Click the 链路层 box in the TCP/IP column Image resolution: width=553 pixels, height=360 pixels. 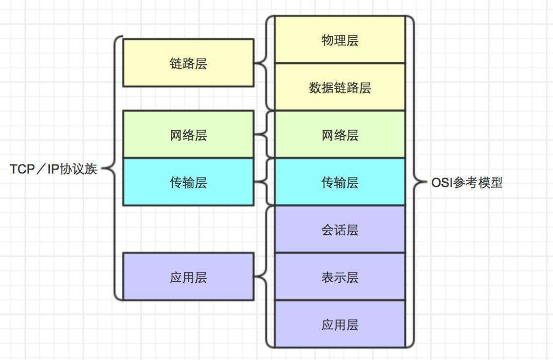point(188,63)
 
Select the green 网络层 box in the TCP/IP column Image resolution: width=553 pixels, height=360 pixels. point(188,134)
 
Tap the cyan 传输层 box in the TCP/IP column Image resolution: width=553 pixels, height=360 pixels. point(188,182)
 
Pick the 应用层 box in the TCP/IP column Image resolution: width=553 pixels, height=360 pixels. point(188,277)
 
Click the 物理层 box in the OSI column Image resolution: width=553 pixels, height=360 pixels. point(340,40)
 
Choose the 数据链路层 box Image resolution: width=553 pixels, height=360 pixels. point(340,87)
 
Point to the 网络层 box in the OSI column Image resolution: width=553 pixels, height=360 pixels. point(340,134)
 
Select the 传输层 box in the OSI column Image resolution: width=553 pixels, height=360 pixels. point(340,182)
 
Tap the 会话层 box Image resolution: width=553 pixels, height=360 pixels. point(340,229)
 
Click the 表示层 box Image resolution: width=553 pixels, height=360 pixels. point(340,277)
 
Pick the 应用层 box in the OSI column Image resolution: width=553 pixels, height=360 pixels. point(340,324)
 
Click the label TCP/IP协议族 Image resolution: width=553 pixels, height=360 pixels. point(53,169)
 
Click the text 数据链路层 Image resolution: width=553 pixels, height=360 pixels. point(340,87)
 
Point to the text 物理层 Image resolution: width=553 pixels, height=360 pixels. point(340,40)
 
